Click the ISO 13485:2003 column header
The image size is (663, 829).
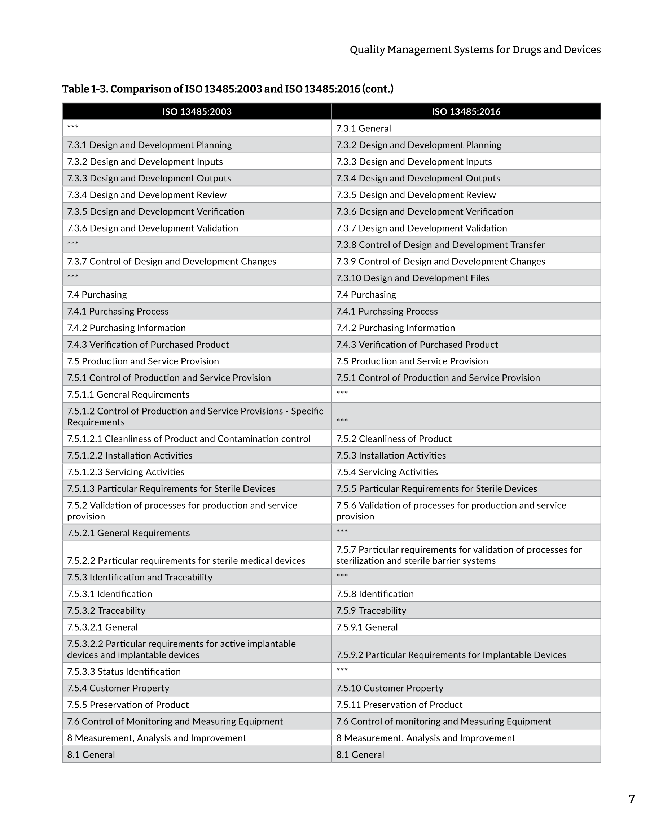[x=197, y=111]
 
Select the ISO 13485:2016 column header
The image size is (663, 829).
[x=466, y=111]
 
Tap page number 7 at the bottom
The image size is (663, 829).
[x=632, y=799]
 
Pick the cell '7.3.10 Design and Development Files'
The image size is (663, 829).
[x=413, y=278]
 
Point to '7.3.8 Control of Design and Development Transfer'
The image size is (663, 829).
[x=440, y=245]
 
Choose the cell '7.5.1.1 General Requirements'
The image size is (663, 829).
[x=128, y=395]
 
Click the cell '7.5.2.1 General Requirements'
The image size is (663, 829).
[x=128, y=533]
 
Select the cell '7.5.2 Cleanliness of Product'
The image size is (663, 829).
[x=394, y=439]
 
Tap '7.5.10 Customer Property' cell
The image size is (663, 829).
[x=390, y=688]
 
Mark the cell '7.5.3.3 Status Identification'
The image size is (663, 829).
[x=124, y=671]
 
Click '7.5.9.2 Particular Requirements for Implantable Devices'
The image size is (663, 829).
[x=451, y=655]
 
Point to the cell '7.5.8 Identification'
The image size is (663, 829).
[x=375, y=594]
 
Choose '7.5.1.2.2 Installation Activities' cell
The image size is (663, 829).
[x=129, y=455]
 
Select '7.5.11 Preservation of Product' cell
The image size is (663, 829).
[x=399, y=705]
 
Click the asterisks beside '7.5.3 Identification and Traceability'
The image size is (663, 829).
[x=342, y=576]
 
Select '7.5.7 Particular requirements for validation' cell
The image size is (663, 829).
[x=459, y=555]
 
